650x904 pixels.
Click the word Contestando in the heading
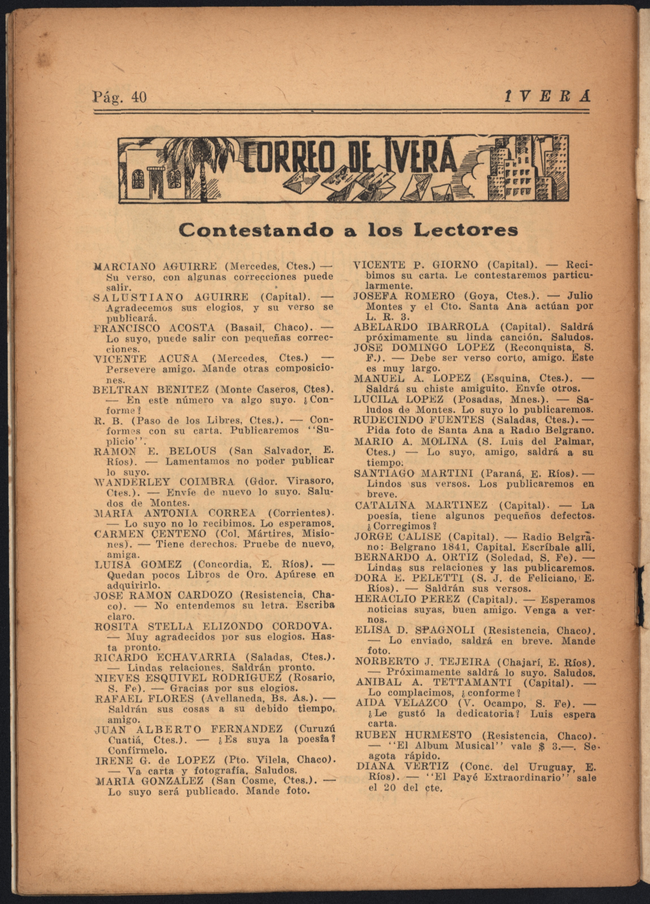click(255, 230)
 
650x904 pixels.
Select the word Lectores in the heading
click(473, 230)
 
